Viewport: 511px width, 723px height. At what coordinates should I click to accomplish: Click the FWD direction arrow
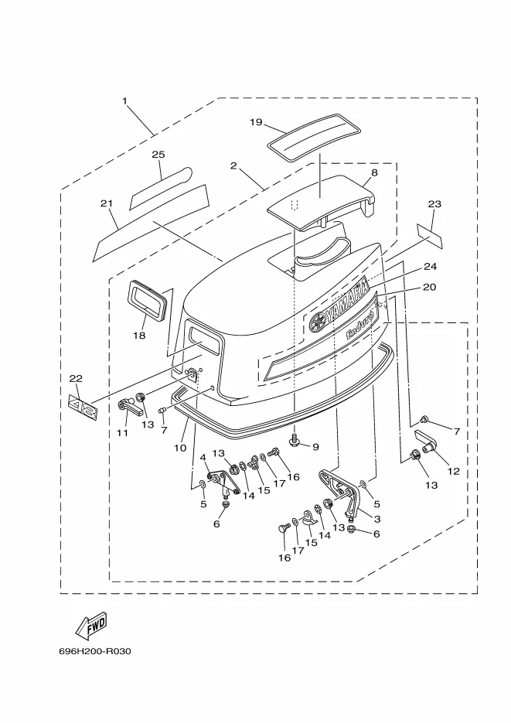tap(91, 626)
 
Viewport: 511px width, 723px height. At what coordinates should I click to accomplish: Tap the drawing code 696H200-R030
tap(95, 652)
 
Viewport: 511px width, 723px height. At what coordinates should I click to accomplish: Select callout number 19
tap(256, 122)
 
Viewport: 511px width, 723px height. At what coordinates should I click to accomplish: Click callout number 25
tap(158, 155)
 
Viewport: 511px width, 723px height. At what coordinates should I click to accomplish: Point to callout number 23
tap(434, 204)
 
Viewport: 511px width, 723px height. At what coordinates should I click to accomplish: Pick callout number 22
tap(76, 379)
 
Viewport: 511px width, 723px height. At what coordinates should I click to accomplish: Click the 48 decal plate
tap(83, 407)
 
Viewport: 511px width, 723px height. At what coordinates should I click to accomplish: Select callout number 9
tap(315, 447)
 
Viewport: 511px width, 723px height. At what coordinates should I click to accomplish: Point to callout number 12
tap(453, 471)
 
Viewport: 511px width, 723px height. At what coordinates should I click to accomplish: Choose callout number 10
tap(180, 448)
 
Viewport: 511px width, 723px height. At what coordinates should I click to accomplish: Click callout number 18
tap(139, 336)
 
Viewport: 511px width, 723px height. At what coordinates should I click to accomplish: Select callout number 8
tap(374, 172)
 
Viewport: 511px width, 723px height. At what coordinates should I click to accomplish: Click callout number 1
tap(124, 101)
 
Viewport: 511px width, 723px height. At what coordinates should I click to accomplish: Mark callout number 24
tap(431, 267)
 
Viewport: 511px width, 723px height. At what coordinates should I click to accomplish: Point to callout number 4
tap(203, 458)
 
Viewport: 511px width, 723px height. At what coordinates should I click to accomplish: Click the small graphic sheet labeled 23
tap(430, 236)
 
